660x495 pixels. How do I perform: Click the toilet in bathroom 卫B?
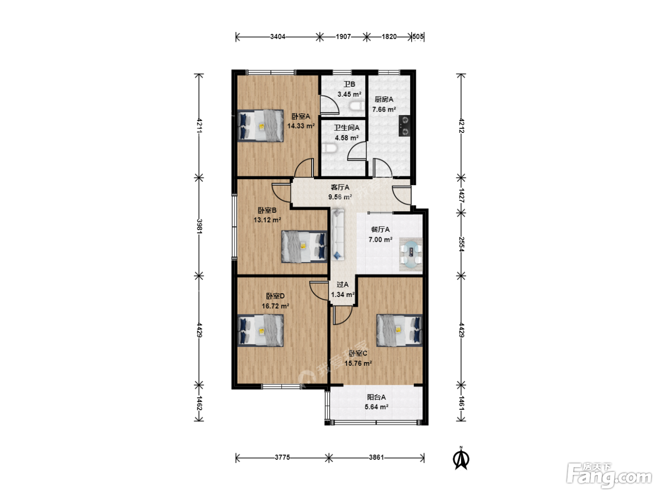[x=357, y=106]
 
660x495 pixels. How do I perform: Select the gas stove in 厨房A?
[x=404, y=126]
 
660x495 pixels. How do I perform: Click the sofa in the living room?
[x=338, y=235]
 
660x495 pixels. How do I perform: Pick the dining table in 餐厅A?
[x=411, y=254]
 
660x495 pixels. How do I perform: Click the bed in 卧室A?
[x=260, y=125]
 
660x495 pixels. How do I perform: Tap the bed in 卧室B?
[x=304, y=247]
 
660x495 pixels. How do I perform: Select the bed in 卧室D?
[x=260, y=330]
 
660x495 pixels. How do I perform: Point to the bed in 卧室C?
[x=400, y=330]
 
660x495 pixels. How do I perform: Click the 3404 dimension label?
[x=278, y=37]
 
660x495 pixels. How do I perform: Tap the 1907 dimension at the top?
[x=343, y=37]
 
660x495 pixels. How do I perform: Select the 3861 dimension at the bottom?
[x=377, y=457]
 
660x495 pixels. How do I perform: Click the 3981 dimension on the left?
[x=199, y=226]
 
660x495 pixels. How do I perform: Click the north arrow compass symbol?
[x=461, y=458]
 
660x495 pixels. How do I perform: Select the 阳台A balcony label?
[x=376, y=397]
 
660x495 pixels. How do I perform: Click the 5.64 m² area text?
[x=376, y=407]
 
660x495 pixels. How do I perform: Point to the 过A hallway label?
[x=342, y=284]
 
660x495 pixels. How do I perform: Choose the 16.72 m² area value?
[x=275, y=306]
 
